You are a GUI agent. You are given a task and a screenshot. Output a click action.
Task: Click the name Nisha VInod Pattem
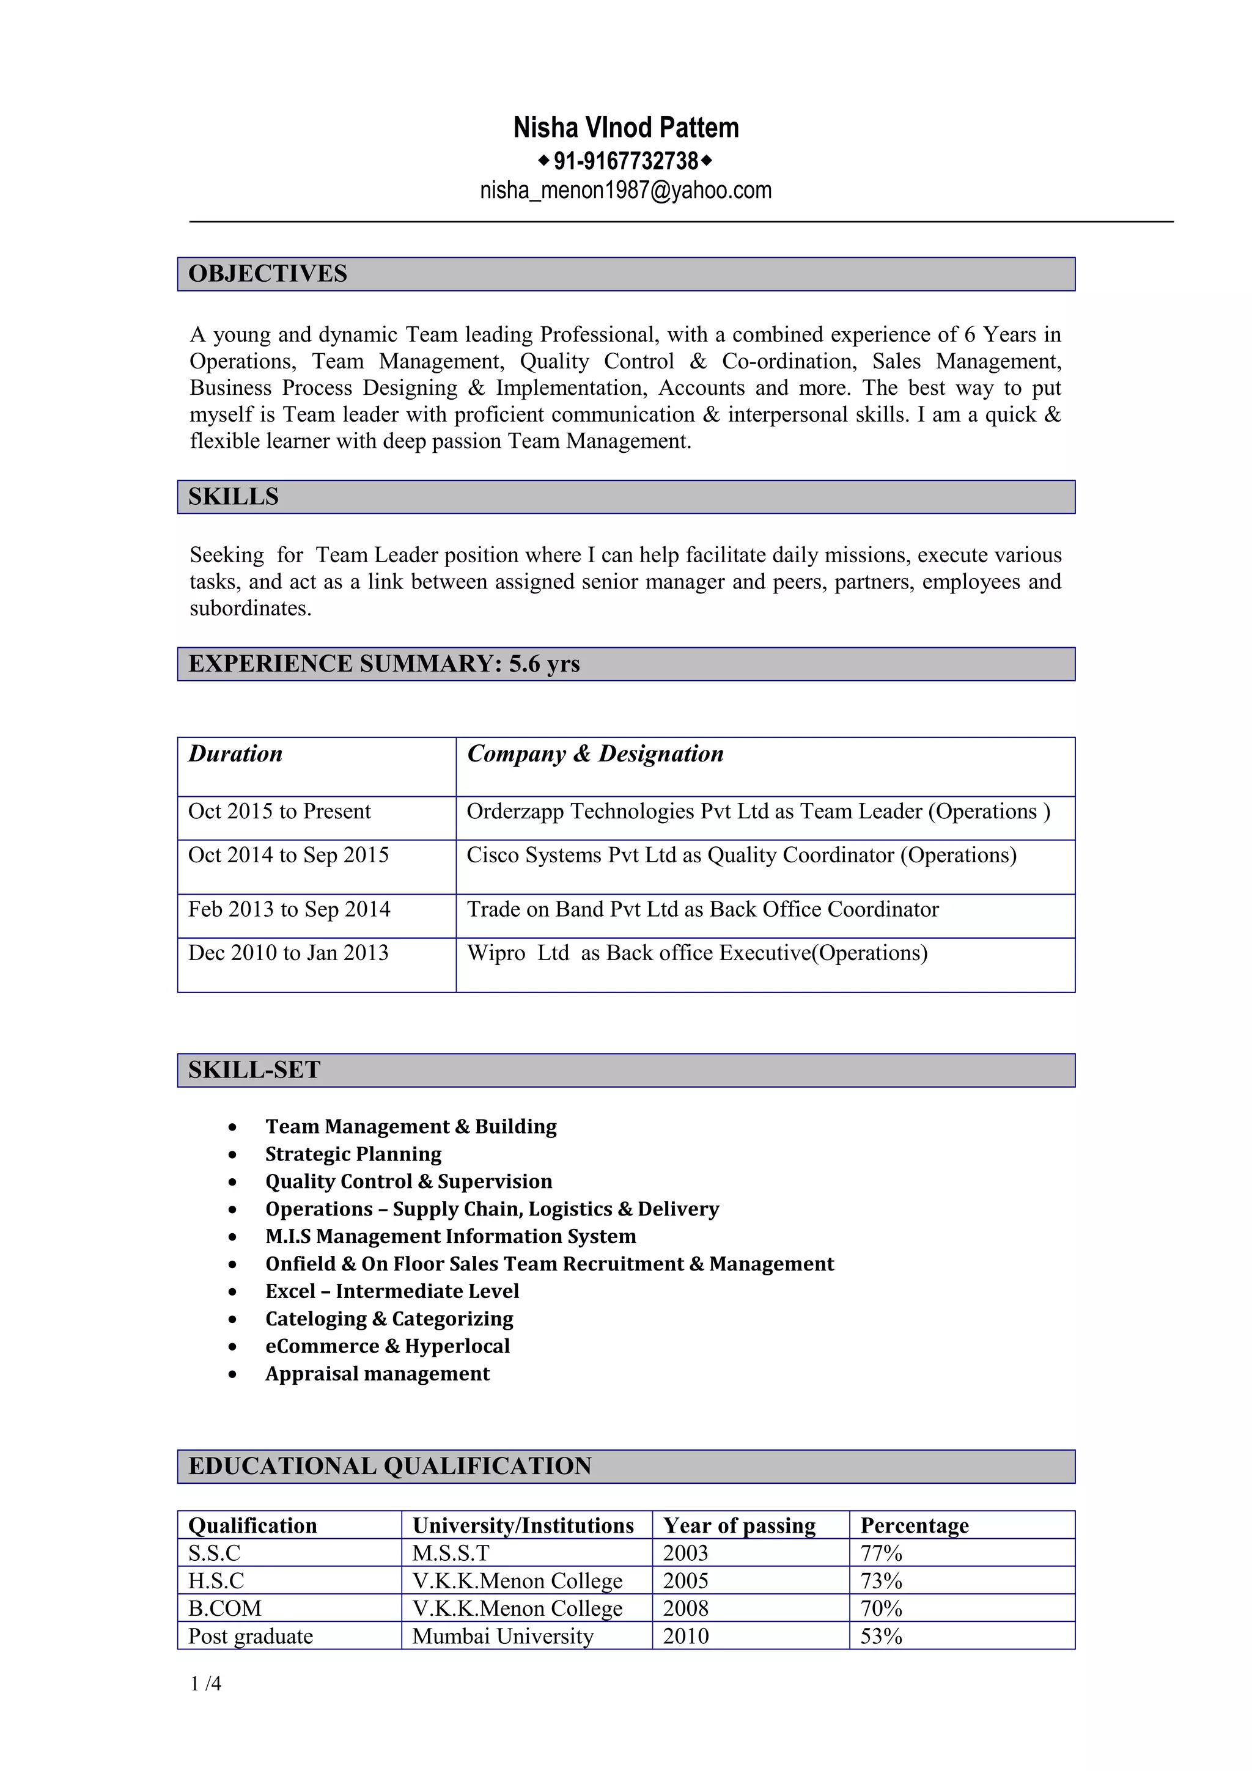625,127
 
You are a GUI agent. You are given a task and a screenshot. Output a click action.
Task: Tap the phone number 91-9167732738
625,161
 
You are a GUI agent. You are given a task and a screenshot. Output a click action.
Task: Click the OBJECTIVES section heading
268,274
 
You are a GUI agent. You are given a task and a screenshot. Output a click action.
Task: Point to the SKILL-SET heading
254,1070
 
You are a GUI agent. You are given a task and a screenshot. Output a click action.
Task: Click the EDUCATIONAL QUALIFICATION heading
389,1466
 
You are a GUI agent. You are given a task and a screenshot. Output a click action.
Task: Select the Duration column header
235,754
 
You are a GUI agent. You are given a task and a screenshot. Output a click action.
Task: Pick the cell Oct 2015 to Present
279,812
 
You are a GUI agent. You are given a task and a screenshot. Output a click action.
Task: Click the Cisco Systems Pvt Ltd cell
742,856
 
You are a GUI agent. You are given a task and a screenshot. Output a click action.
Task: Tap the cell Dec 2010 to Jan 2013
289,953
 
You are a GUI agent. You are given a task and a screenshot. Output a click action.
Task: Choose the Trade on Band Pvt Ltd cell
703,909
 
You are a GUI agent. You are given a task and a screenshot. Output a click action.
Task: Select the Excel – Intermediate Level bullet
392,1291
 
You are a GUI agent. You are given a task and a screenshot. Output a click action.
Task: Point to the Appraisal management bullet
377,1374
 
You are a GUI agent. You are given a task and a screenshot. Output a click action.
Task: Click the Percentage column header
914,1526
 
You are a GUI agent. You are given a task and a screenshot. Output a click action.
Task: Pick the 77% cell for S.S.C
881,1553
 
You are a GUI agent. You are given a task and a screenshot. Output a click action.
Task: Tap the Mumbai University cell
503,1636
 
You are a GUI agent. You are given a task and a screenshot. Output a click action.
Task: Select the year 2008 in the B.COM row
685,1608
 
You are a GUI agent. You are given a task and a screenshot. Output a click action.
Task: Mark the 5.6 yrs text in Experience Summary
544,664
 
